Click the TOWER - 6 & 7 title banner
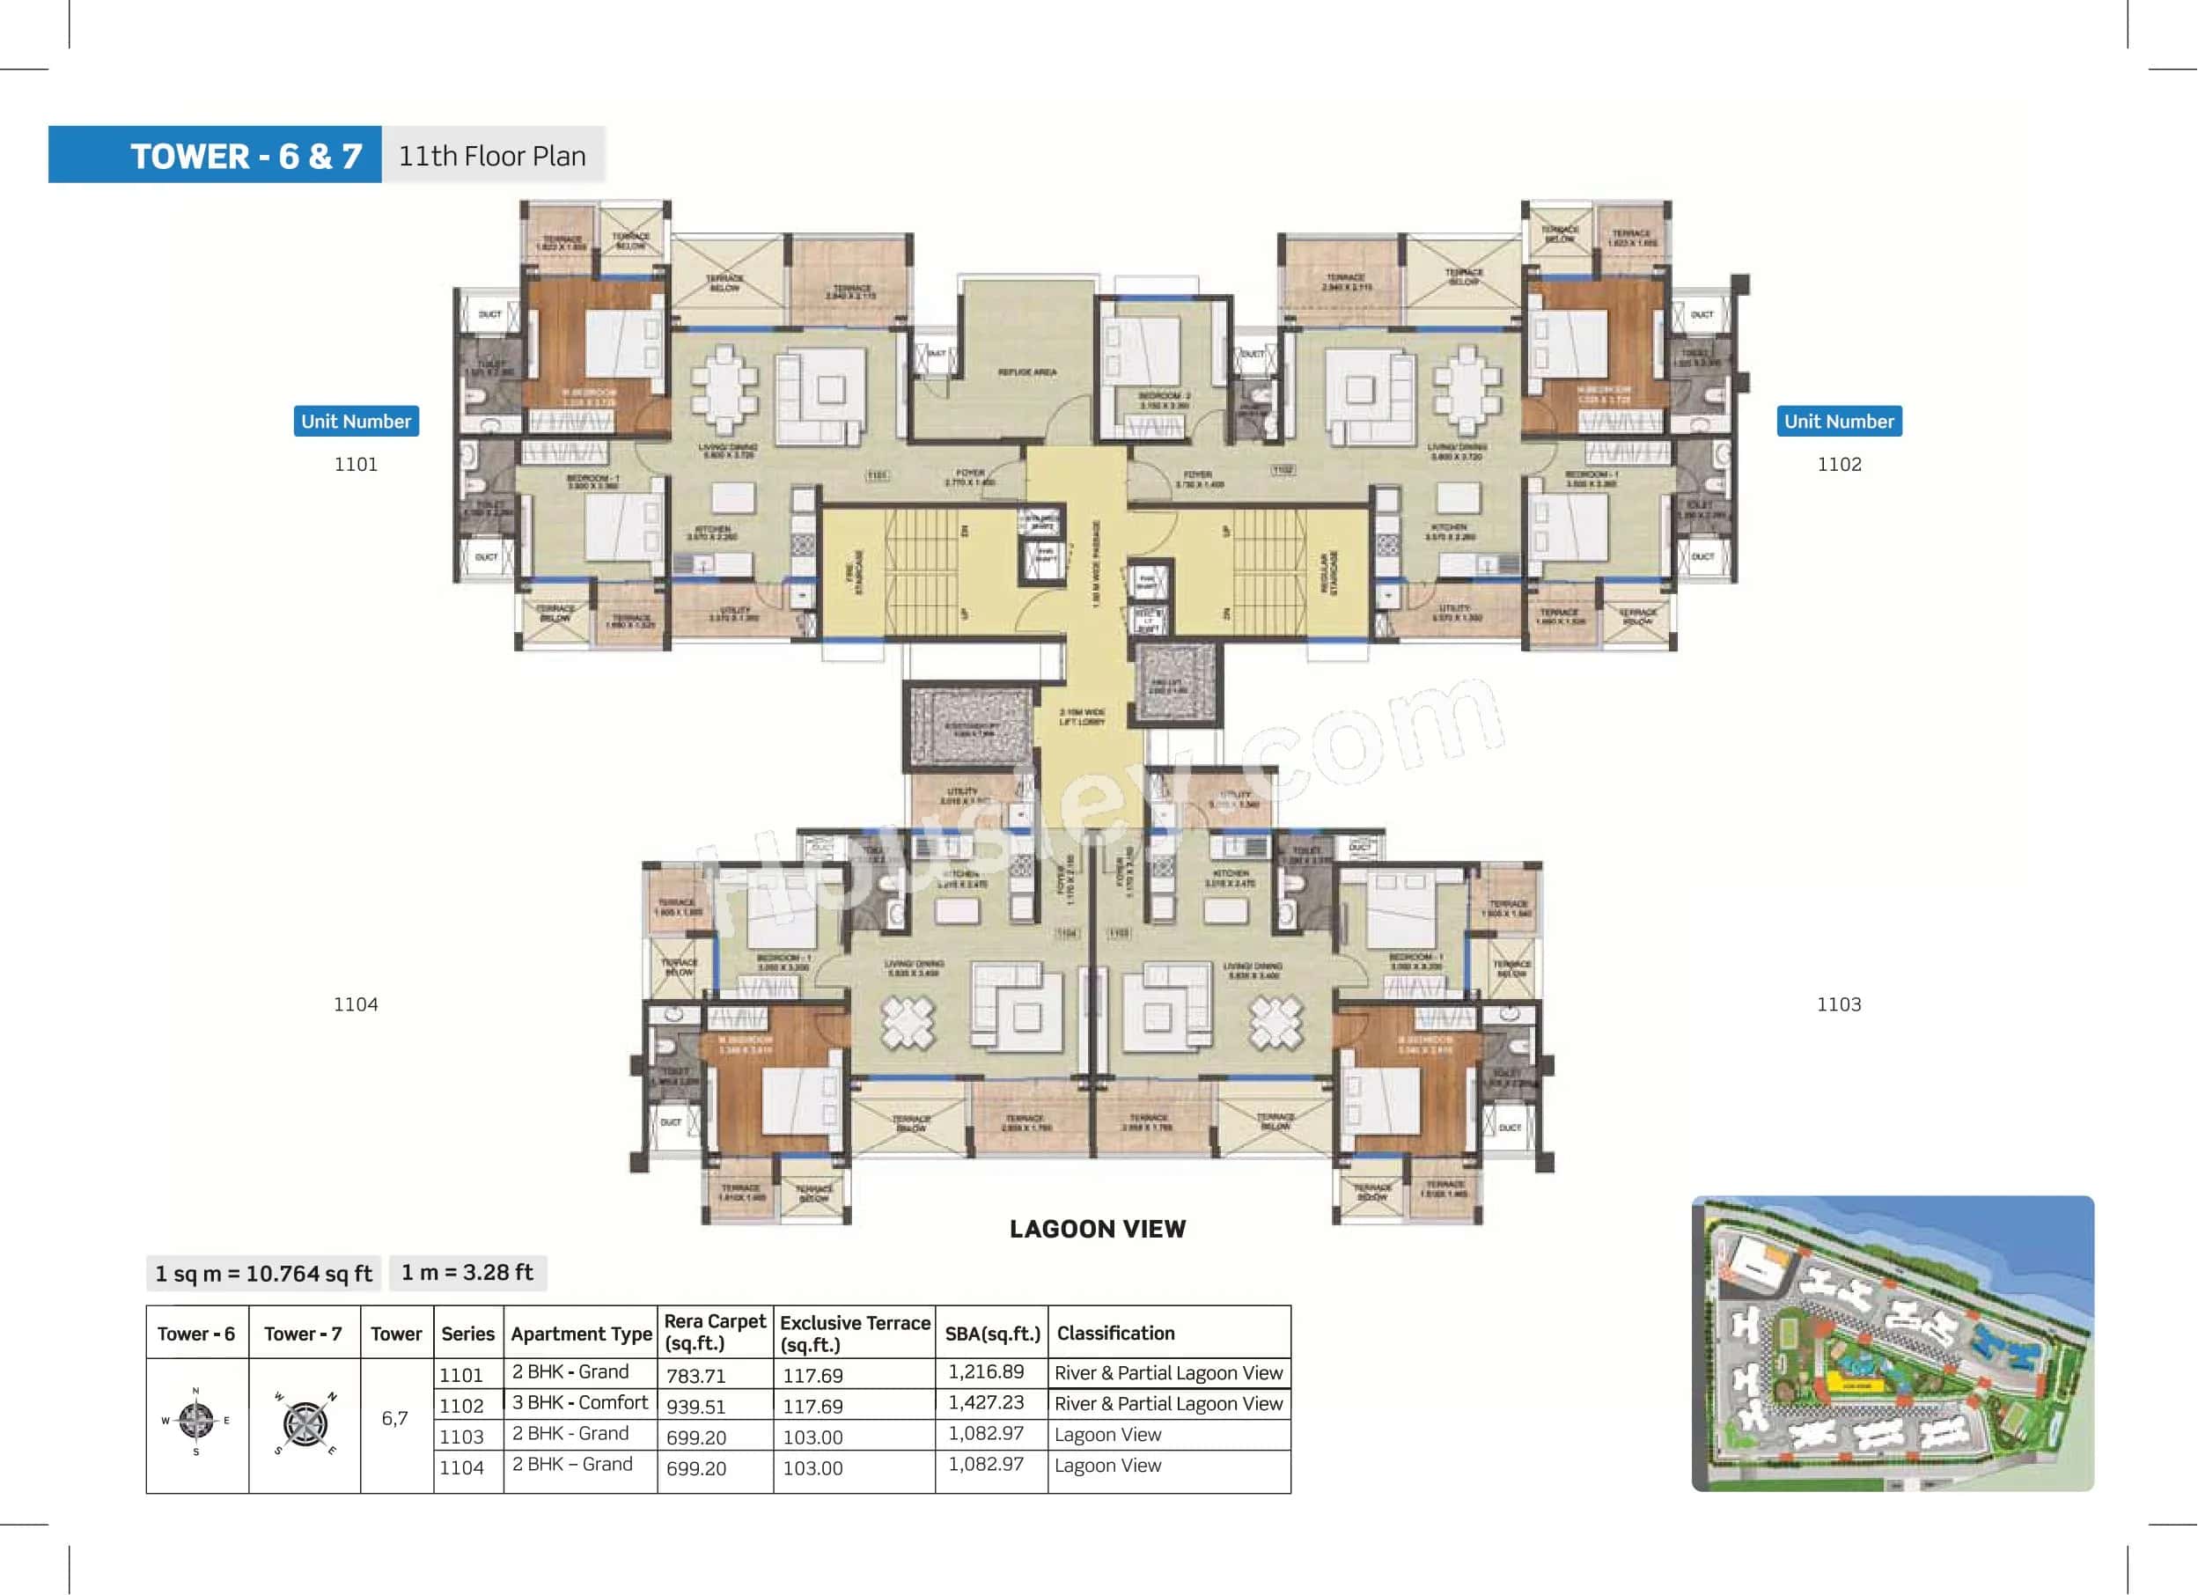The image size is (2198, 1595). (215, 155)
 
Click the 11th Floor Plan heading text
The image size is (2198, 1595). (492, 156)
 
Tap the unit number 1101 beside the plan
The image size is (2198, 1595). (356, 464)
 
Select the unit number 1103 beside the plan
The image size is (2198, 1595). (1839, 1003)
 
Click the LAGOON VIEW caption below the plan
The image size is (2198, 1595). (1097, 1229)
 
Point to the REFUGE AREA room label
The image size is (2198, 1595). (1026, 372)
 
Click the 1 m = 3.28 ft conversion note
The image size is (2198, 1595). (467, 1272)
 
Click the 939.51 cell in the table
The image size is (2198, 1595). (695, 1406)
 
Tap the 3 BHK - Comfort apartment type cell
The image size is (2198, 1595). (579, 1402)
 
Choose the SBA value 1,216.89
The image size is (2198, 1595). (986, 1371)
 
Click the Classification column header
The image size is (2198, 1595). (1115, 1334)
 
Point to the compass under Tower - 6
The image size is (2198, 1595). (195, 1421)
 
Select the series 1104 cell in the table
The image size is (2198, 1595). (461, 1467)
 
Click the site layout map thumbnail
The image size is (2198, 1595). (1892, 1343)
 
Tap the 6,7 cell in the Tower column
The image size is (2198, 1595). (394, 1419)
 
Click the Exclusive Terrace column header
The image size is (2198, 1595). (854, 1334)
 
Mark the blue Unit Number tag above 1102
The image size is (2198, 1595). (1839, 422)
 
